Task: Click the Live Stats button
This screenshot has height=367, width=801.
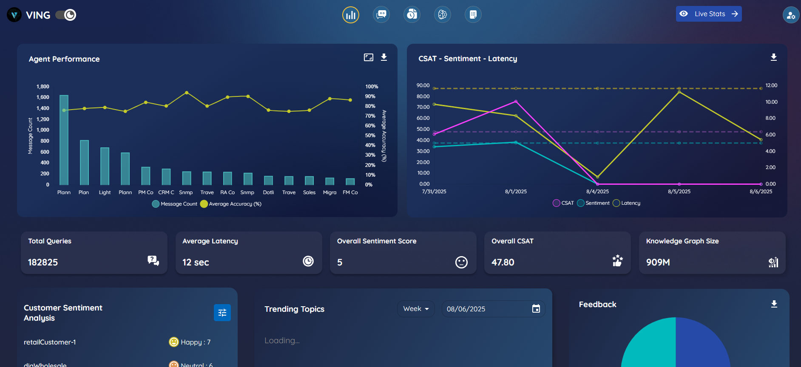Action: (x=709, y=14)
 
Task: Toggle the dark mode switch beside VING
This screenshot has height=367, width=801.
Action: (x=66, y=15)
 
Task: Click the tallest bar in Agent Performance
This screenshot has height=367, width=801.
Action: (x=64, y=140)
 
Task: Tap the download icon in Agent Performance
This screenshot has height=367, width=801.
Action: (x=384, y=57)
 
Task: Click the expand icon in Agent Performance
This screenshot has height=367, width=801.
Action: (x=369, y=57)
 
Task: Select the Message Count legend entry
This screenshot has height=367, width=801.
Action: (x=175, y=204)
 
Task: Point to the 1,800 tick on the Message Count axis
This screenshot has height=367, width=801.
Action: (x=43, y=87)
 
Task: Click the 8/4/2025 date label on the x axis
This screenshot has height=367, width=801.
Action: (x=597, y=192)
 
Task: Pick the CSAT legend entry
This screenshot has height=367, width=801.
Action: (x=563, y=203)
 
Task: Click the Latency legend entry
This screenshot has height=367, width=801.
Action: (x=627, y=203)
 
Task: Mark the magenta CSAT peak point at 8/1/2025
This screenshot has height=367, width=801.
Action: (x=516, y=102)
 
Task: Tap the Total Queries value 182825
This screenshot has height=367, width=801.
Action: (x=43, y=263)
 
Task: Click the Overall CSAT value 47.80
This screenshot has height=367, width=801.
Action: (x=503, y=263)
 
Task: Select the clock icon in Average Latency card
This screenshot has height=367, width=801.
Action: (x=308, y=261)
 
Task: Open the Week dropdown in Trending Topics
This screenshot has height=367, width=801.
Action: (x=416, y=309)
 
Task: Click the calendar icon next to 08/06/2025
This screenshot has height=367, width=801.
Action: (x=536, y=309)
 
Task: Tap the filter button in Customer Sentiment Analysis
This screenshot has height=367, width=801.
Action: (x=222, y=313)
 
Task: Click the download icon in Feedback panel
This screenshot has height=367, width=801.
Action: (x=774, y=304)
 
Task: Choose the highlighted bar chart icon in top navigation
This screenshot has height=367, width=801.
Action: (x=351, y=15)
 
